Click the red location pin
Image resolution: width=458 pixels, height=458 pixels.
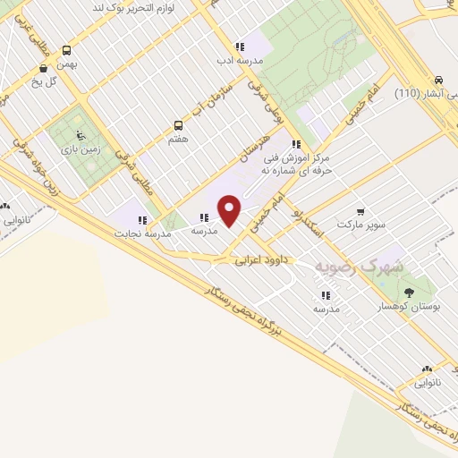(230, 210)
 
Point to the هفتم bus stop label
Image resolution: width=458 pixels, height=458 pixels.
(177, 140)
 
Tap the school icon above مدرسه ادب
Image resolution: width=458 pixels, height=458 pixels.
(239, 47)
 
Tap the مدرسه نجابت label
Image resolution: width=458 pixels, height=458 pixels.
(140, 233)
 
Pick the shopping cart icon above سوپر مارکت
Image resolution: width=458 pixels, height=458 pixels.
(360, 212)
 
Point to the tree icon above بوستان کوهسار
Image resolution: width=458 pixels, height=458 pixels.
(409, 293)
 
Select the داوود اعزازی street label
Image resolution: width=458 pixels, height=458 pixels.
(259, 262)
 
